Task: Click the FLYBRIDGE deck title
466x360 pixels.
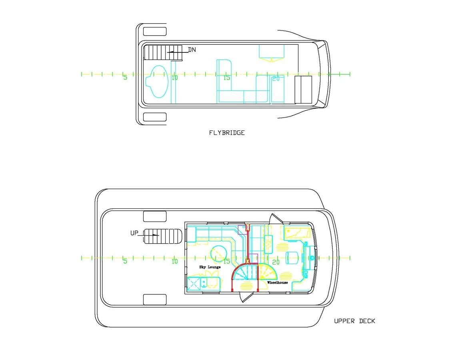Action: click(226, 133)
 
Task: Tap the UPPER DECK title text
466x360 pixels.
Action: click(354, 321)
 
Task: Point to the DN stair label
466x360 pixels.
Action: click(192, 50)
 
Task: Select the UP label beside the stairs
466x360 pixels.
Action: click(134, 233)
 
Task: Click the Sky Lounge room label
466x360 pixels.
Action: click(210, 267)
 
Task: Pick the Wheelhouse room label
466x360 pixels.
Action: click(278, 282)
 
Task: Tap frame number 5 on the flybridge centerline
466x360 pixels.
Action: click(125, 78)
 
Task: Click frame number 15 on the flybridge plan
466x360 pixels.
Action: click(226, 78)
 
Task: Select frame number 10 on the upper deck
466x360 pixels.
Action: click(174, 262)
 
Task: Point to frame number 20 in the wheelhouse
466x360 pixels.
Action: click(276, 262)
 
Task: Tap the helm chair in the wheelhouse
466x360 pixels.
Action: click(292, 258)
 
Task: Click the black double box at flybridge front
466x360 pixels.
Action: click(303, 89)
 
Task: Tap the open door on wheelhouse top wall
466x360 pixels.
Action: click(276, 220)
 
